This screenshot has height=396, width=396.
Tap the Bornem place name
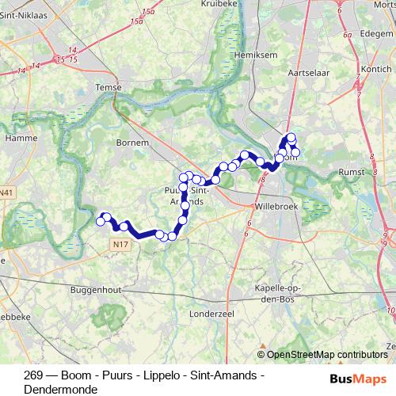point(132,143)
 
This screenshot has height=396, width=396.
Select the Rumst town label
point(350,171)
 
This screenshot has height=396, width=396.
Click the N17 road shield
point(120,245)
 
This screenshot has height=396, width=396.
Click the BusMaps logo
point(358,378)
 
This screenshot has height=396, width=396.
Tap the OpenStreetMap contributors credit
point(327,355)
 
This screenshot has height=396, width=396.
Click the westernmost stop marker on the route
point(101,222)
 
